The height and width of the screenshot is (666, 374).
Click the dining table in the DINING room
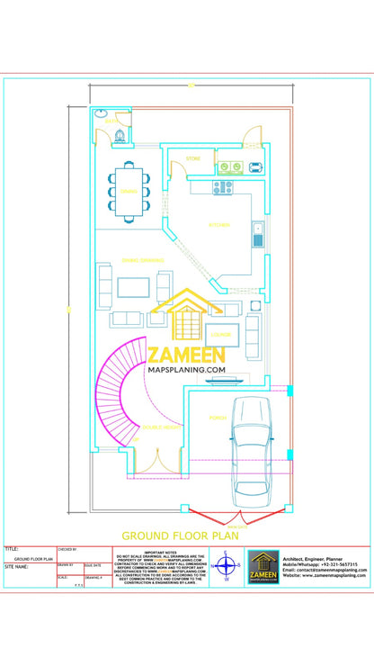tap(129, 191)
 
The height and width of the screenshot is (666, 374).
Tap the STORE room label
tap(193, 159)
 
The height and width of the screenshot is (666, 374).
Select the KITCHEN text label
tap(218, 224)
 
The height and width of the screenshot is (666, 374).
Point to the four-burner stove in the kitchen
tap(222, 187)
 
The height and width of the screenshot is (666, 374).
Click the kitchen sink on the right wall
tap(258, 236)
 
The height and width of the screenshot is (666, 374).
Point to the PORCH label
tap(218, 418)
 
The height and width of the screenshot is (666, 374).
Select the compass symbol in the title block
tap(227, 567)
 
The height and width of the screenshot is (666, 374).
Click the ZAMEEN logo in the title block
tap(263, 567)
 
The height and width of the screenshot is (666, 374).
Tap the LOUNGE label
tap(223, 335)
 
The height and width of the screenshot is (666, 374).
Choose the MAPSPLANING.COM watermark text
tap(186, 369)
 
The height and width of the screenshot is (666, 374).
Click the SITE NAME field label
tap(16, 568)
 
